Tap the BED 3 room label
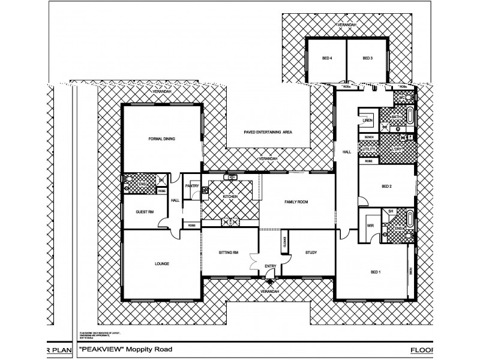point(368,58)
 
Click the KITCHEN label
point(230,197)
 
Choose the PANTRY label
point(192,186)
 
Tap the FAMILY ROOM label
point(296,202)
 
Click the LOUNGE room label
point(161,263)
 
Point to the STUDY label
point(310,253)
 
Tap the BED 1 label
point(376,272)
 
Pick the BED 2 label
point(386,187)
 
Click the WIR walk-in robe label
point(370,226)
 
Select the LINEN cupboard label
point(368,121)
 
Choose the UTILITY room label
point(368,149)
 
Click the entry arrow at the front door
point(269,280)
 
